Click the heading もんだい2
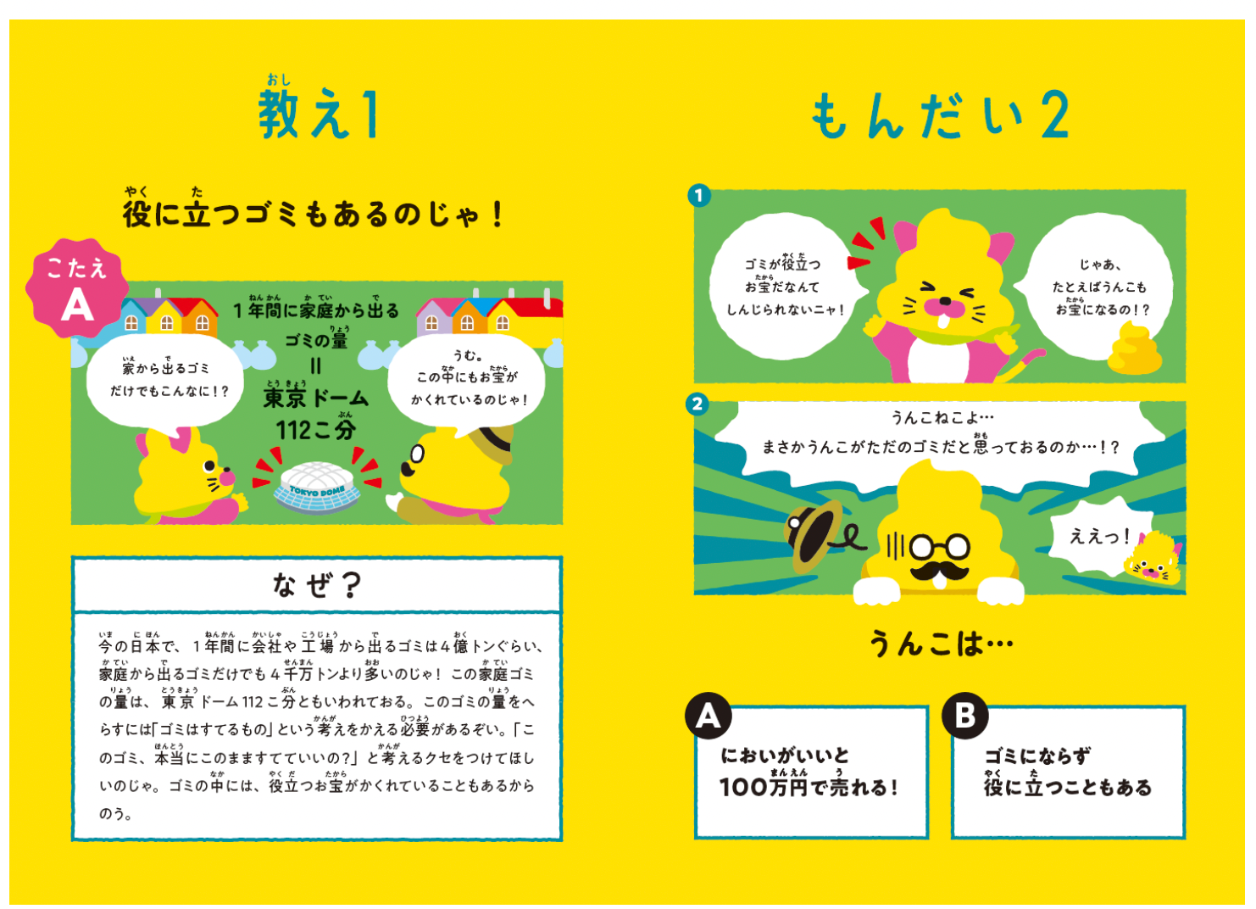coord(939,116)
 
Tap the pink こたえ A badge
coord(77,288)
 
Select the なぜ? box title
coord(317,584)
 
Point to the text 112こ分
coord(315,430)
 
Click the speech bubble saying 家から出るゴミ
coord(166,379)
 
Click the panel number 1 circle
coord(698,196)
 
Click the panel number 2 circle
coord(697,404)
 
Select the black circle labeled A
coord(708,717)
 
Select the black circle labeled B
coord(964,717)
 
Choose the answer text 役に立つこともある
coord(1067,788)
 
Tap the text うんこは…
coord(940,644)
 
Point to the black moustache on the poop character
coord(939,569)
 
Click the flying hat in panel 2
coord(815,533)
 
